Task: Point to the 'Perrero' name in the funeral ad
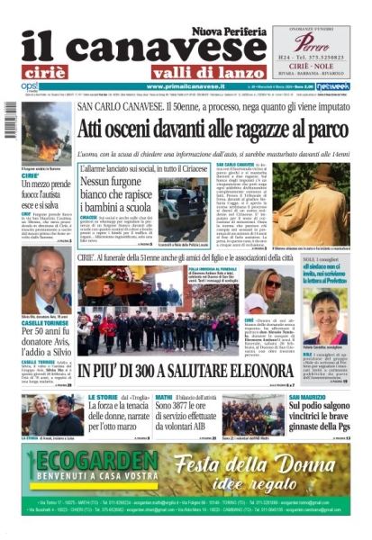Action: (x=312, y=42)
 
